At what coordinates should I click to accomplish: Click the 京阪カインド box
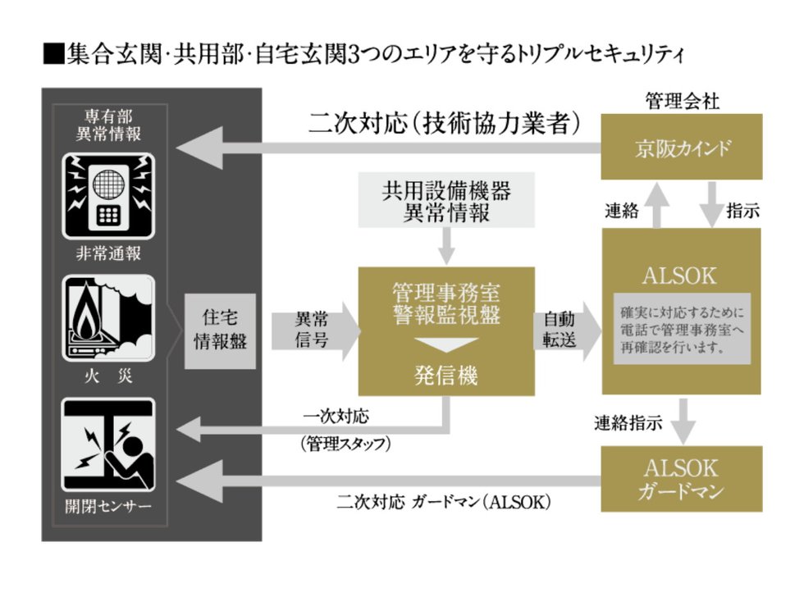click(x=682, y=148)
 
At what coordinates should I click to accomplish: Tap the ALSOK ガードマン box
click(x=682, y=479)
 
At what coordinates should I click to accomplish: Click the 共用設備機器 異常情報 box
click(x=446, y=201)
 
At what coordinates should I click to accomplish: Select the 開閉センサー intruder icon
click(x=108, y=445)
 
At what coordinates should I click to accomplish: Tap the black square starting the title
click(x=52, y=55)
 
